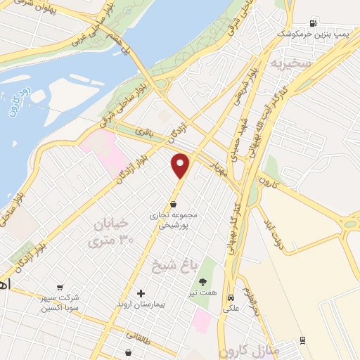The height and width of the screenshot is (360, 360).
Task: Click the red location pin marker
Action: tap(181, 166)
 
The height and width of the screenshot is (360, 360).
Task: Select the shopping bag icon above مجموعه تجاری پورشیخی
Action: tap(173, 205)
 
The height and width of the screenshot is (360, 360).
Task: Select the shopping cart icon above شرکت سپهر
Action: tap(60, 288)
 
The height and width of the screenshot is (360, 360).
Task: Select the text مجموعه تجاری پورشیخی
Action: tap(174, 220)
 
